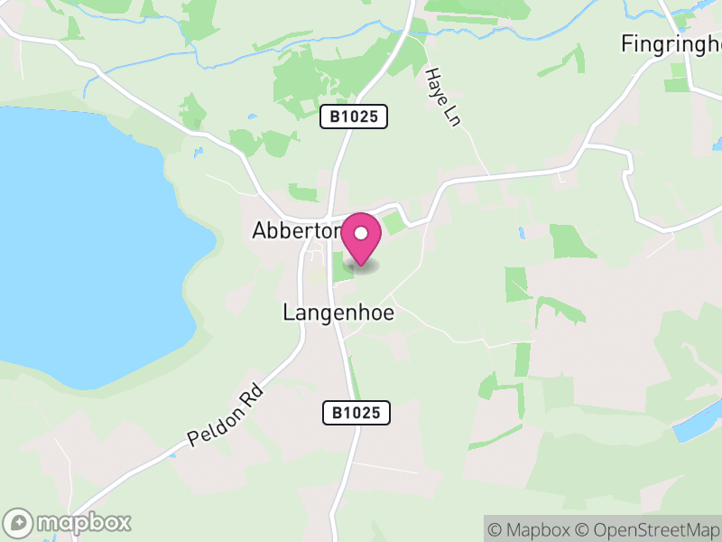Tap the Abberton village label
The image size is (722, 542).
(295, 231)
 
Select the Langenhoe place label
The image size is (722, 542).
(338, 313)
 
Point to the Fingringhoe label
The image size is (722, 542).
(672, 42)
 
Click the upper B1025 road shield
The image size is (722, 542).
(354, 117)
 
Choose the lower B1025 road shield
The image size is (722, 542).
(356, 413)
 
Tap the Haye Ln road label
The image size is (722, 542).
(442, 97)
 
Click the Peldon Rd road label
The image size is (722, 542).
(226, 415)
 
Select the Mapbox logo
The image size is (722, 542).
(68, 522)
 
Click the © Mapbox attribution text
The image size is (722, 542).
(532, 529)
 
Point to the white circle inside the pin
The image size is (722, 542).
(361, 233)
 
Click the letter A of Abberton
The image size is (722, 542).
(259, 231)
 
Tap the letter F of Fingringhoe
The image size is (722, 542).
(627, 42)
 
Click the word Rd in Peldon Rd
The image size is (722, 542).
(252, 395)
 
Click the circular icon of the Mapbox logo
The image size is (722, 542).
(20, 522)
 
